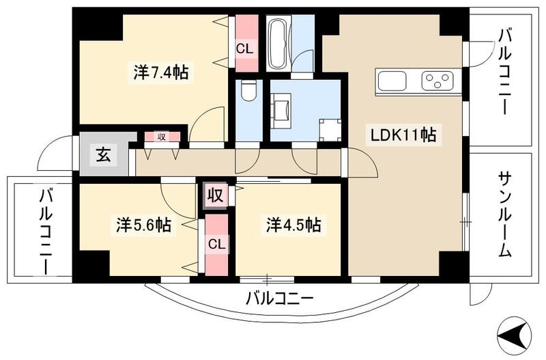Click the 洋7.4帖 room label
161,72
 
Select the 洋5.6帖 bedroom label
143,225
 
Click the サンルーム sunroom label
504,214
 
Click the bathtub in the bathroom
278,43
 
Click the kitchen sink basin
391,82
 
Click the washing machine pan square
330,130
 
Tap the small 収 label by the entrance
162,136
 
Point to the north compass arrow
513,335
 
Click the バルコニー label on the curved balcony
279,299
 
